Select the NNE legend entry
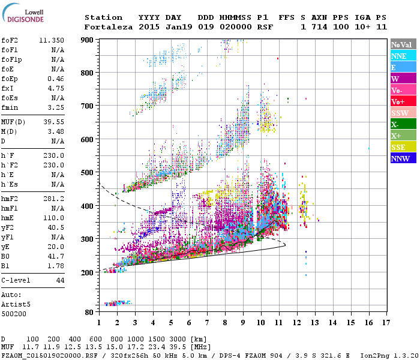pos(403,56)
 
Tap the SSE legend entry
pos(403,147)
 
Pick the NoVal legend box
pos(403,44)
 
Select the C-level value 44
pos(59,280)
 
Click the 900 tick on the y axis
pos(87,40)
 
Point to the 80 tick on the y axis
pos(89,312)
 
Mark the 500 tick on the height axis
pos(87,173)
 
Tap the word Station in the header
pos(103,17)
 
